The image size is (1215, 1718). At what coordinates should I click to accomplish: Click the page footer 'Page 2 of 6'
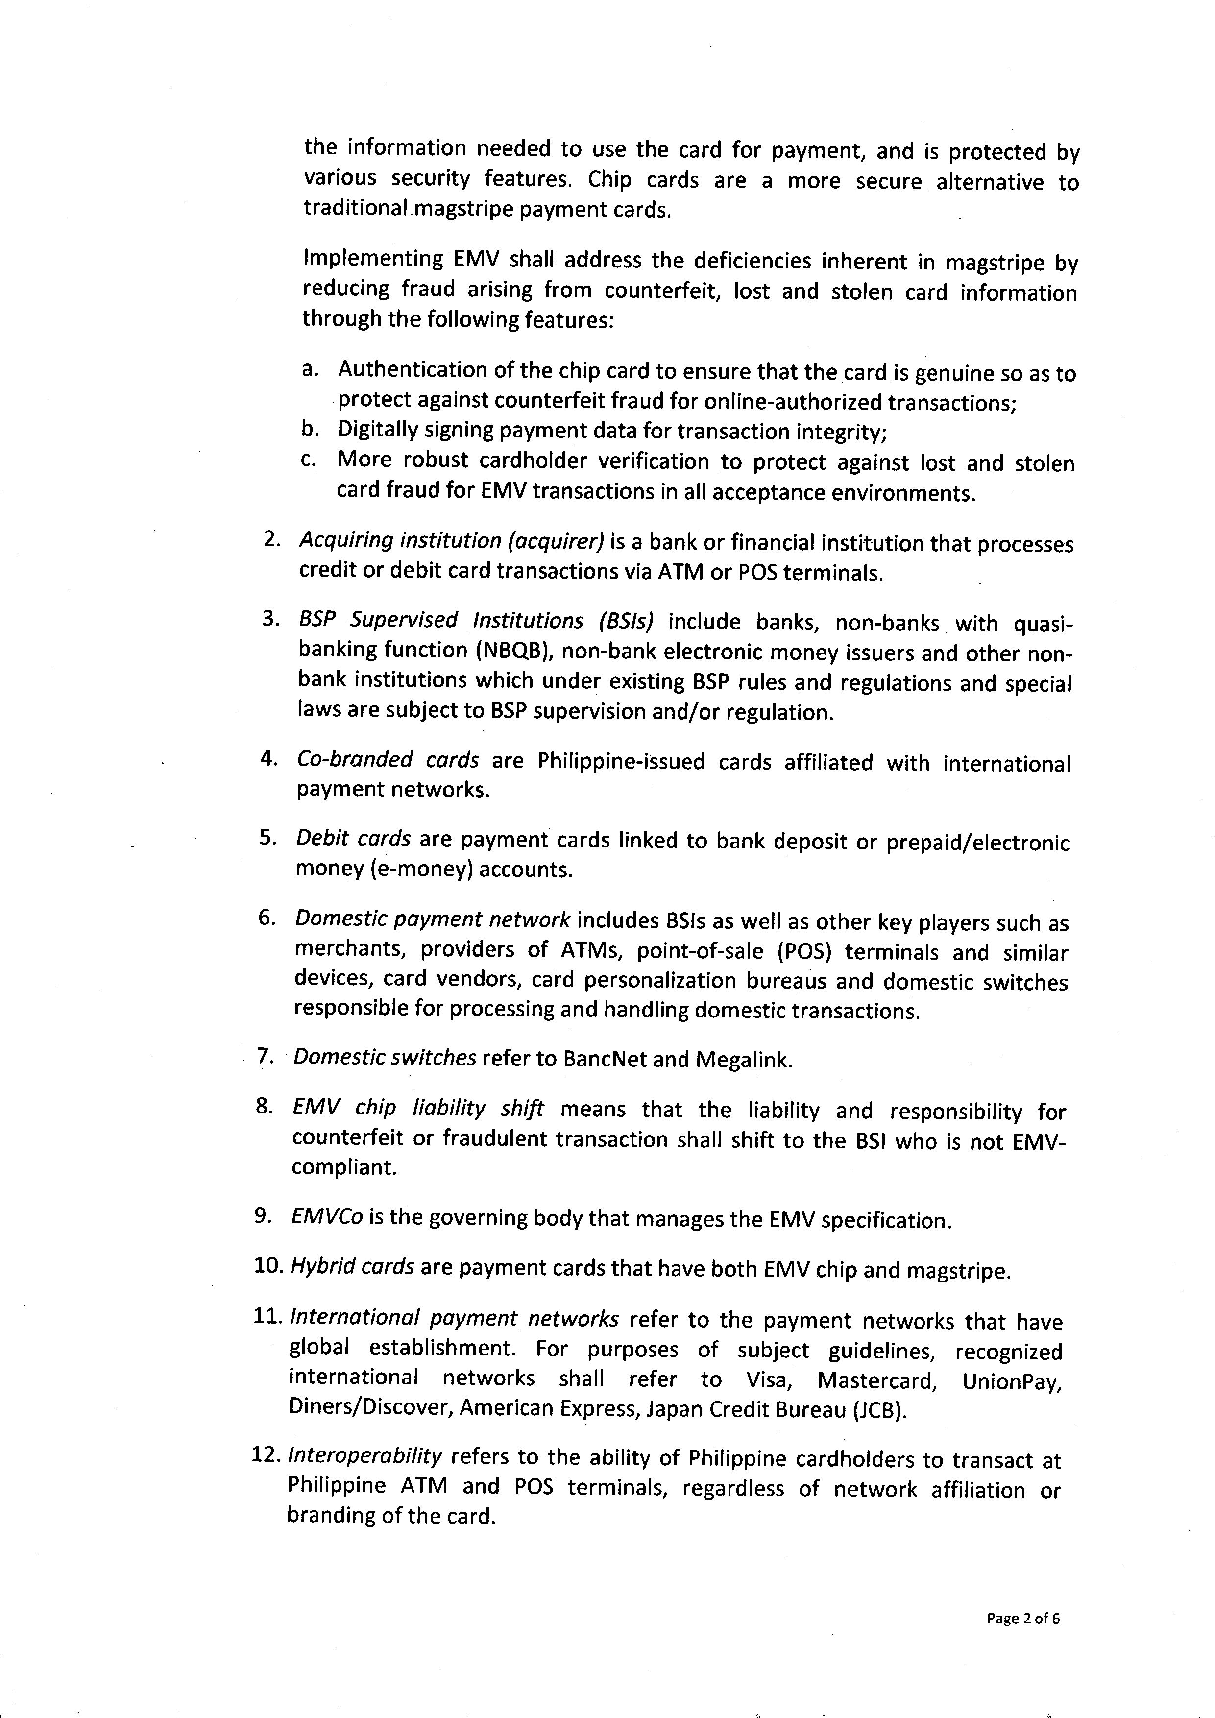[1023, 1619]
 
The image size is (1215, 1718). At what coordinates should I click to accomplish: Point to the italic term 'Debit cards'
[353, 839]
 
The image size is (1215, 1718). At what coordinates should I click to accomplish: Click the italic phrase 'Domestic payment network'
[433, 919]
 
